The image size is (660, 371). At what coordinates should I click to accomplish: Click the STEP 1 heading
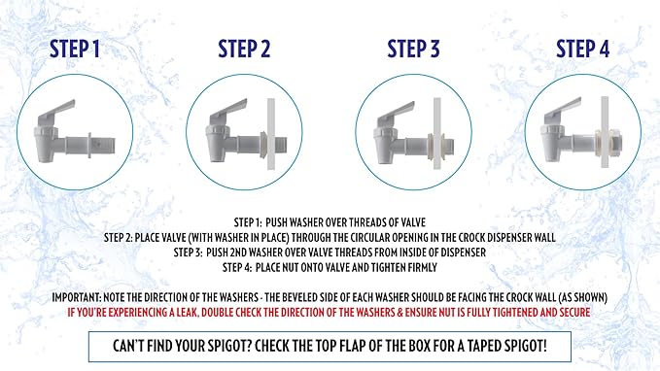pos(75,49)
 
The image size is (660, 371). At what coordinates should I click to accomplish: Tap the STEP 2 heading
pos(244,49)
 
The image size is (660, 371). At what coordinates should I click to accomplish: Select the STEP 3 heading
pos(413,49)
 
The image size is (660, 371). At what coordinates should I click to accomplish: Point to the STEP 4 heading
pos(582,49)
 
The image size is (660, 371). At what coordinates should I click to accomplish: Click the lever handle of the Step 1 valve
pos(56,110)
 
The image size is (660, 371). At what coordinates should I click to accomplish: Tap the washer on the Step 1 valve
pos(89,146)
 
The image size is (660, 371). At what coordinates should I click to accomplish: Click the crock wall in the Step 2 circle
pos(271,134)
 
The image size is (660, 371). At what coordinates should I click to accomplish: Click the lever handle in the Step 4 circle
pos(563,110)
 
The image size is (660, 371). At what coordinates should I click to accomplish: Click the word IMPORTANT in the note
pos(76,297)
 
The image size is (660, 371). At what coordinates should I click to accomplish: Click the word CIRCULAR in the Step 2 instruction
pos(373,237)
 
